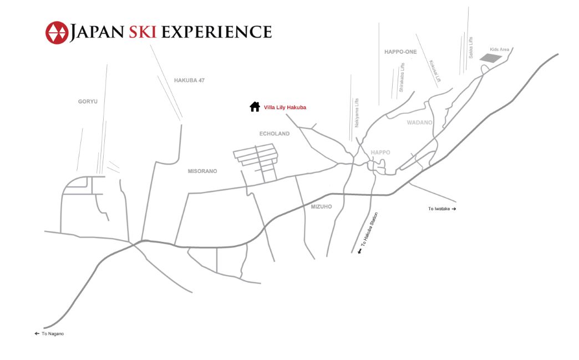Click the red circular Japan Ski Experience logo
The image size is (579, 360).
coord(56,32)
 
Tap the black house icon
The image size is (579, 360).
coord(255,107)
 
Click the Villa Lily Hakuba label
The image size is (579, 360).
coord(285,107)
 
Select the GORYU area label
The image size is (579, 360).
coord(88,102)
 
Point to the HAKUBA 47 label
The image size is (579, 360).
coord(189,80)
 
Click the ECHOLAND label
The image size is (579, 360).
coord(275,134)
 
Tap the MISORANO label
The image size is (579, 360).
coord(202,171)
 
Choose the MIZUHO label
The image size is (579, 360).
coord(321,206)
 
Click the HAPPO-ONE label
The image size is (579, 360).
coord(400,52)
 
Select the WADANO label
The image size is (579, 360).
coord(419,122)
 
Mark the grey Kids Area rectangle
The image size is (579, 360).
coord(490,58)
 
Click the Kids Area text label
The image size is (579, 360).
coord(500,49)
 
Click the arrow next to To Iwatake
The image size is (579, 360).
coord(454,209)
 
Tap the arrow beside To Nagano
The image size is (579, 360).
coord(37,333)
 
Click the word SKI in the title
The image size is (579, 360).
coord(145,32)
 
